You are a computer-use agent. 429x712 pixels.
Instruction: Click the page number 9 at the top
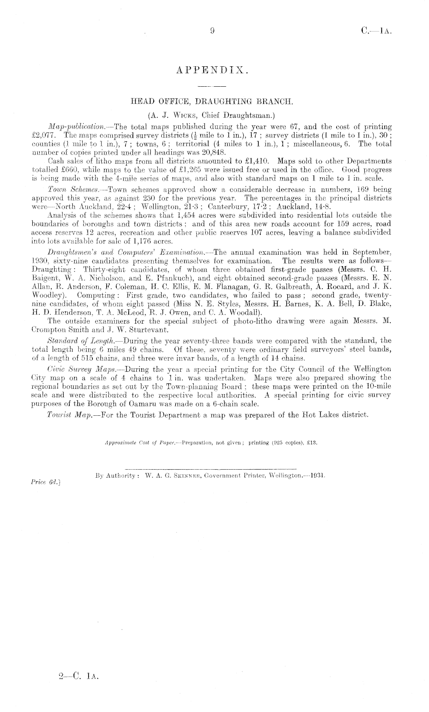click(212, 30)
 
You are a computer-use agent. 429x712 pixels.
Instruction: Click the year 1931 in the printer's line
click(318, 475)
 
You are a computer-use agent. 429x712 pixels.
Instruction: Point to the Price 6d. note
click(45, 481)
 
